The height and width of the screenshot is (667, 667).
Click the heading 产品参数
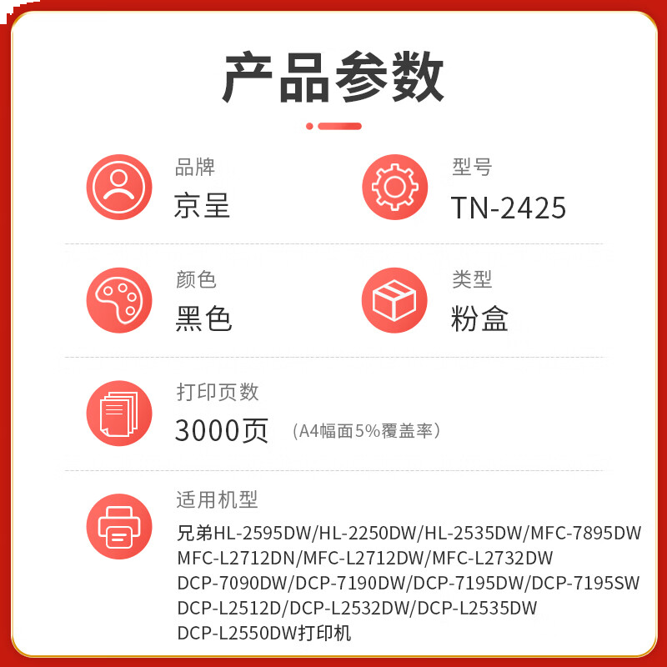coord(333,77)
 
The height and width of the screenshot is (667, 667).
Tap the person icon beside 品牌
coord(119,188)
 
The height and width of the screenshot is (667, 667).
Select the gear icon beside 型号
coord(394,188)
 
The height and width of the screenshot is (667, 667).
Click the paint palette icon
coord(119,300)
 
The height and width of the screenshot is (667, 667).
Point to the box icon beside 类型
coord(394,300)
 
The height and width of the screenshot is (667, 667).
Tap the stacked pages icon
coord(119,414)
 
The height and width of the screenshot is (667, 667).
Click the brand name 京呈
coord(202,206)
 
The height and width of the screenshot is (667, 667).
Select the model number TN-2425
coord(509,208)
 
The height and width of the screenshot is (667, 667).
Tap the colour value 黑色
coord(203,318)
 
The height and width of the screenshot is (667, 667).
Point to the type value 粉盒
coord(479,318)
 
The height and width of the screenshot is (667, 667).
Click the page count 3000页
coord(221,430)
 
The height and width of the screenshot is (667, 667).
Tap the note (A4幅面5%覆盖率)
coord(366,431)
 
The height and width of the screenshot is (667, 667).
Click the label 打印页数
coord(218,391)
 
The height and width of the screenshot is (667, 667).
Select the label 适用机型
coord(218,499)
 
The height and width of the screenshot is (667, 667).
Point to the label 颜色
coord(196,279)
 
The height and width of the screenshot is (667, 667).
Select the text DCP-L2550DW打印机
coord(264,634)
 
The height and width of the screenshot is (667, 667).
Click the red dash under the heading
coord(333,126)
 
